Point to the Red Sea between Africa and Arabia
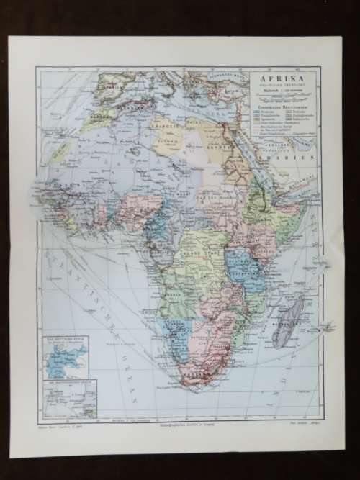248,155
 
